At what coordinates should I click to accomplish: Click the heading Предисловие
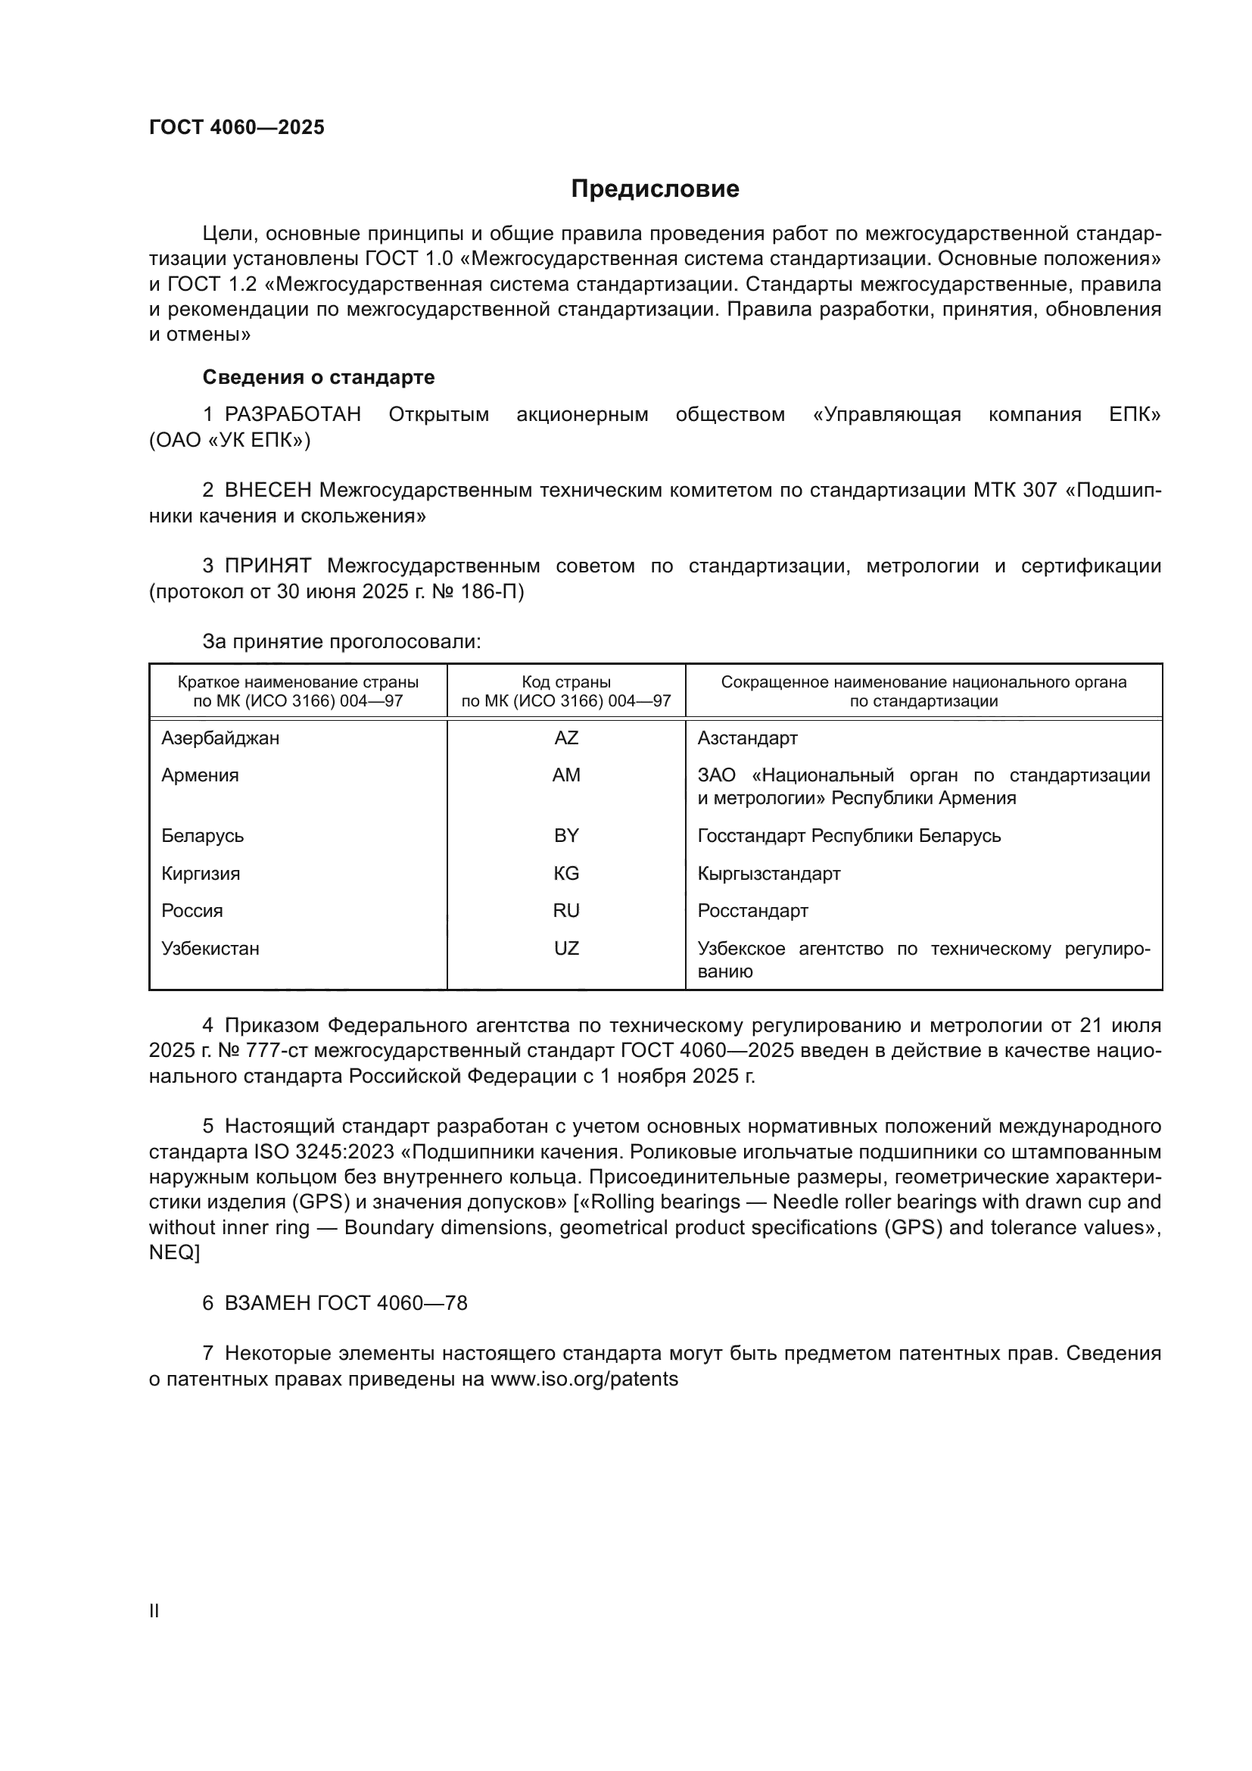pyautogui.click(x=655, y=189)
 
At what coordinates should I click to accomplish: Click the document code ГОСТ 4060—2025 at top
pyautogui.click(x=237, y=127)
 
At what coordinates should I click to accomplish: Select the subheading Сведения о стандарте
pyautogui.click(x=319, y=377)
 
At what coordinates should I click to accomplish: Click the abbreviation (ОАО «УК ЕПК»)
pyautogui.click(x=230, y=441)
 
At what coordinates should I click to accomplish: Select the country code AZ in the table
pyautogui.click(x=566, y=738)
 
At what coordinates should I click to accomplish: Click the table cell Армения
pyautogui.click(x=200, y=775)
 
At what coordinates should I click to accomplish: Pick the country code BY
pyautogui.click(x=566, y=836)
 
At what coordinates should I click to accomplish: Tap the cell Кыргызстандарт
pyautogui.click(x=768, y=874)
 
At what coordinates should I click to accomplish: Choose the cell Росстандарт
pyautogui.click(x=752, y=911)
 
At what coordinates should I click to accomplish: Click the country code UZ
pyautogui.click(x=566, y=949)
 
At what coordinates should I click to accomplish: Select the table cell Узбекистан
pyautogui.click(x=210, y=949)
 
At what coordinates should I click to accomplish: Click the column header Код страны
pyautogui.click(x=566, y=683)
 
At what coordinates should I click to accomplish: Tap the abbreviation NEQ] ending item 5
pyautogui.click(x=174, y=1253)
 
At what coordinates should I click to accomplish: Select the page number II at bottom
pyautogui.click(x=154, y=1611)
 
